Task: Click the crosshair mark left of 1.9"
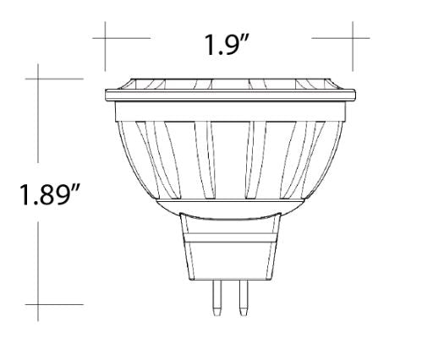106,38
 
